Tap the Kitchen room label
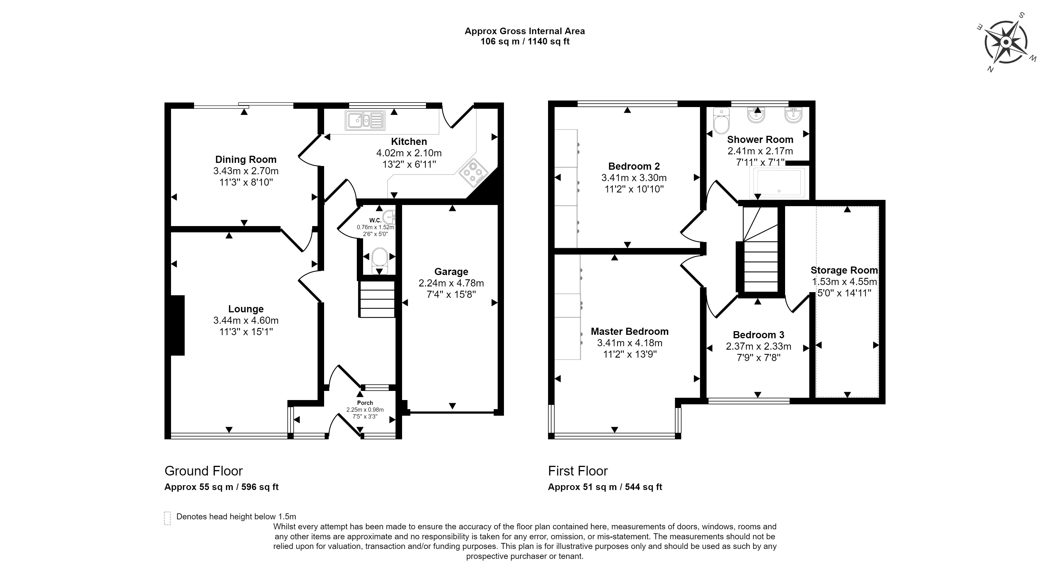[409, 142]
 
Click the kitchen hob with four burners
[473, 173]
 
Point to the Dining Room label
[246, 159]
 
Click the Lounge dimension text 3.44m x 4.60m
[246, 320]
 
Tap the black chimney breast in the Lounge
[178, 325]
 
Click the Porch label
[365, 403]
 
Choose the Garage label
[451, 272]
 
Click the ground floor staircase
[377, 299]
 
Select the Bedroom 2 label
[634, 167]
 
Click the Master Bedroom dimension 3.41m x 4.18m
[630, 343]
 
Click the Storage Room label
[844, 270]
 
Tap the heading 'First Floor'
[578, 471]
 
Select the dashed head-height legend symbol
[167, 518]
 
